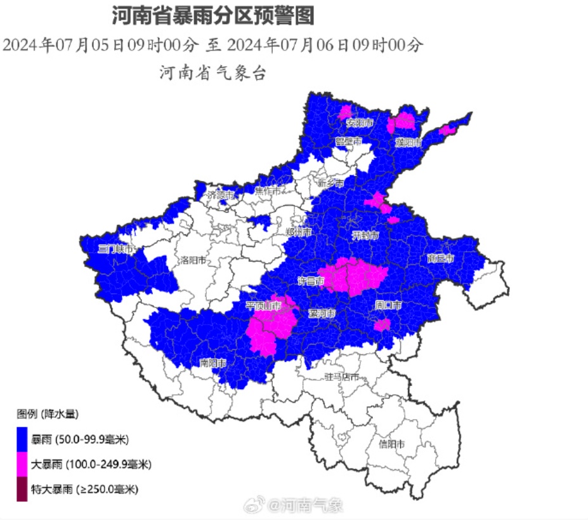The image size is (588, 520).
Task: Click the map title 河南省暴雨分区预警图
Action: click(x=212, y=15)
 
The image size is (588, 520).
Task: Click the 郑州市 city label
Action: click(x=299, y=232)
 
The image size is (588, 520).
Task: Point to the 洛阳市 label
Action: click(x=193, y=260)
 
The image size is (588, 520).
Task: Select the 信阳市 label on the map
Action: click(x=391, y=444)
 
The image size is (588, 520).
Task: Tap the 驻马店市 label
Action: click(x=342, y=377)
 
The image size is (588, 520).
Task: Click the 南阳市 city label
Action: click(x=213, y=363)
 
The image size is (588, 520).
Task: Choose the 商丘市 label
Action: click(x=441, y=258)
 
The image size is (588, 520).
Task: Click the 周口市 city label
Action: click(x=388, y=305)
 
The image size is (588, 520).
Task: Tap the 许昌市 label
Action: click(x=311, y=280)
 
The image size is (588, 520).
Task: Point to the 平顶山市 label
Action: click(x=263, y=305)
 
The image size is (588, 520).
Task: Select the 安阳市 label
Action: click(x=359, y=122)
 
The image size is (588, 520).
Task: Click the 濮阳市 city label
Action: click(x=408, y=142)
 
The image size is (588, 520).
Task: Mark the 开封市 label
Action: click(x=365, y=236)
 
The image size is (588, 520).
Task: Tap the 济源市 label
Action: click(x=221, y=195)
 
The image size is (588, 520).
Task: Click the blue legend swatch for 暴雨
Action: click(x=22, y=439)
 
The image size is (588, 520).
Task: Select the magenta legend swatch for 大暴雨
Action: click(x=22, y=465)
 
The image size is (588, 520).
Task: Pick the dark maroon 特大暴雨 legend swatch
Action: click(x=22, y=490)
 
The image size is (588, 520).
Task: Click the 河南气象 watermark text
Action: click(x=313, y=505)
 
